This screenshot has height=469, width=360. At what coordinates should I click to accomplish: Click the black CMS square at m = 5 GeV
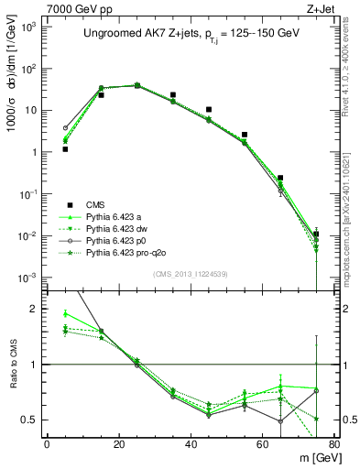tap(66, 148)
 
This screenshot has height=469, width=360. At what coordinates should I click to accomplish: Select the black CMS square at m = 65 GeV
tap(280, 178)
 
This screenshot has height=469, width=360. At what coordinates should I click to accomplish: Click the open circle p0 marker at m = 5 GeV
tap(66, 128)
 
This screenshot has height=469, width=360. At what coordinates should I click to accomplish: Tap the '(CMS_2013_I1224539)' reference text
tap(191, 272)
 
